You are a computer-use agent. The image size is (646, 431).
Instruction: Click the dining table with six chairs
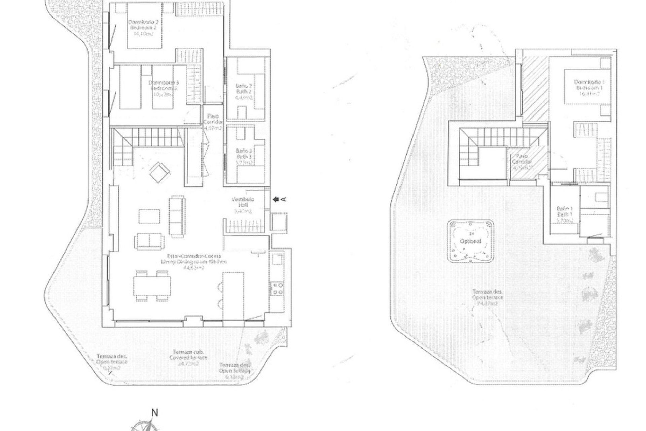point(152,286)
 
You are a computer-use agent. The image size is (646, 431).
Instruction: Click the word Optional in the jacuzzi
point(470,241)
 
